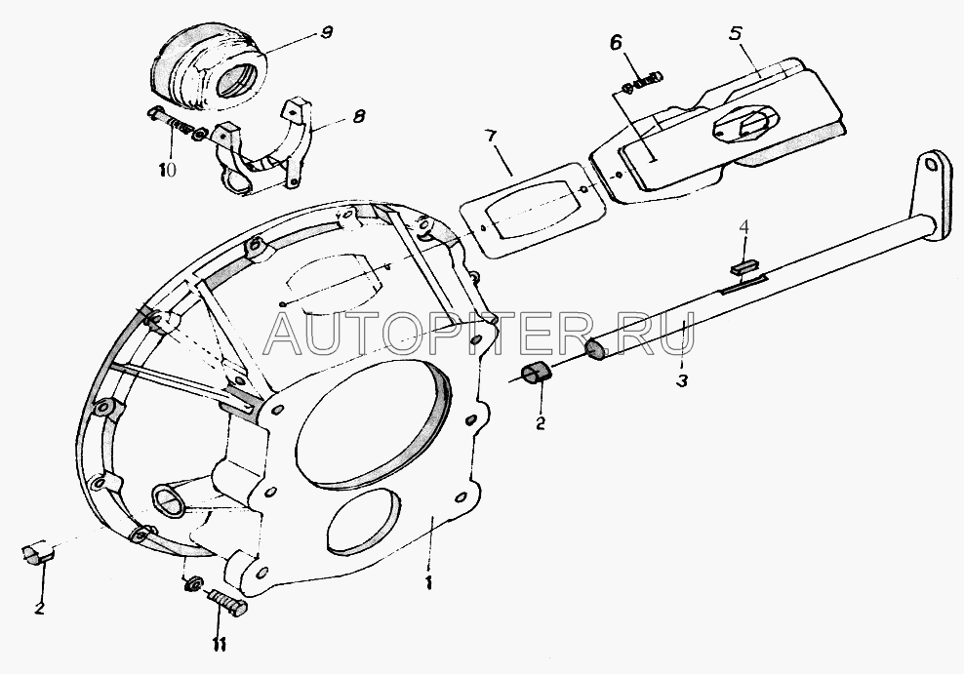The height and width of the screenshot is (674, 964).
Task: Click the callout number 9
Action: click(x=327, y=31)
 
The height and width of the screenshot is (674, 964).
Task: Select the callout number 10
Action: click(x=167, y=169)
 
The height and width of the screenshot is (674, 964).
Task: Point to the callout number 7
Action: click(x=490, y=136)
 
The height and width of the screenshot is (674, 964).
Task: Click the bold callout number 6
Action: click(x=616, y=44)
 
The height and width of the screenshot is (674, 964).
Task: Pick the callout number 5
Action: click(x=736, y=33)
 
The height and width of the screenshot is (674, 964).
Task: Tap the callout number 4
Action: click(x=743, y=227)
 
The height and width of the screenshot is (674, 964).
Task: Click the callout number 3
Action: click(x=681, y=381)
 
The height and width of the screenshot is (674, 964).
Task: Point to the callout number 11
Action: click(x=219, y=645)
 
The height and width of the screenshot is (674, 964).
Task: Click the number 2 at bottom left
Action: click(x=39, y=609)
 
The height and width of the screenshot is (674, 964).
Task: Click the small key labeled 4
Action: click(x=743, y=268)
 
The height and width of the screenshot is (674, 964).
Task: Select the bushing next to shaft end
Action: click(x=536, y=373)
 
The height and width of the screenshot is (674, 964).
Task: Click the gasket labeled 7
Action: click(x=528, y=209)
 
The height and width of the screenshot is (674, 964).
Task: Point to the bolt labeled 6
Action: click(x=642, y=82)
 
